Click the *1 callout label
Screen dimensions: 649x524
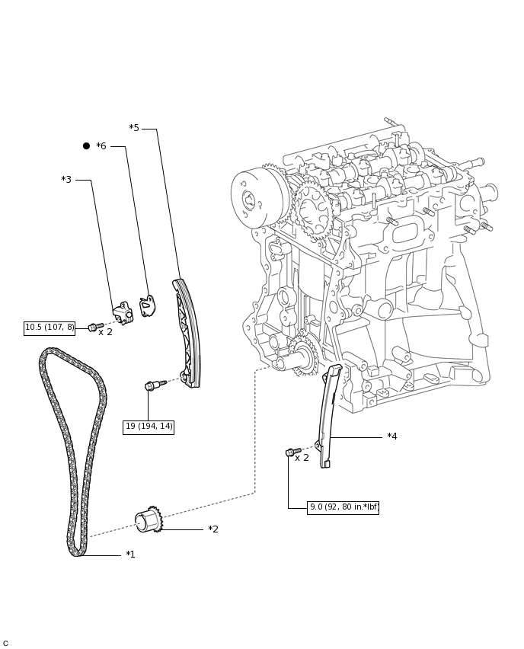click(130, 555)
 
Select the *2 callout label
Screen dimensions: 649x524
click(213, 529)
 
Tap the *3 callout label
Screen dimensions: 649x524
click(66, 180)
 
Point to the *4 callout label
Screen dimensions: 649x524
click(391, 436)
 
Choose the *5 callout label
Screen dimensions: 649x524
click(134, 128)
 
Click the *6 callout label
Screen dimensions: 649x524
click(101, 146)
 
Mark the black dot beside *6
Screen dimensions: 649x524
click(86, 146)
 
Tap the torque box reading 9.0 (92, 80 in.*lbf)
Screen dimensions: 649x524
click(343, 507)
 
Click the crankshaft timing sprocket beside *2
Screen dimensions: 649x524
click(149, 520)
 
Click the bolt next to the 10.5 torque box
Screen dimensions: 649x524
click(95, 327)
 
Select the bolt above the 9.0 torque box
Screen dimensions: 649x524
click(292, 452)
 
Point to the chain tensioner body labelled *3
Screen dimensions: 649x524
click(123, 312)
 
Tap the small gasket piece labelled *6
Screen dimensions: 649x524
click(147, 305)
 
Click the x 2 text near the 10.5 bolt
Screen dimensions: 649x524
click(105, 332)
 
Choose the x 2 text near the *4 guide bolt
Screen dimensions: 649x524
click(302, 458)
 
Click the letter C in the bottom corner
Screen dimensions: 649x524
click(5, 643)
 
